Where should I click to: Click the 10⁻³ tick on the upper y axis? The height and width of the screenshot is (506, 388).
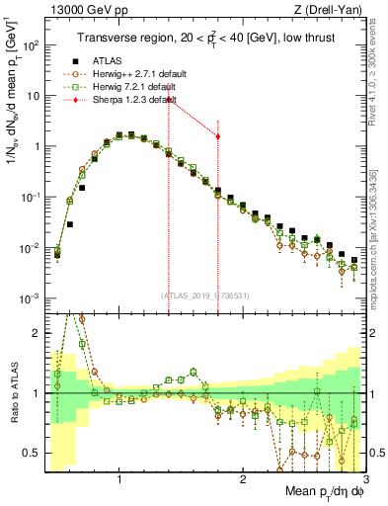pos(30,298)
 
